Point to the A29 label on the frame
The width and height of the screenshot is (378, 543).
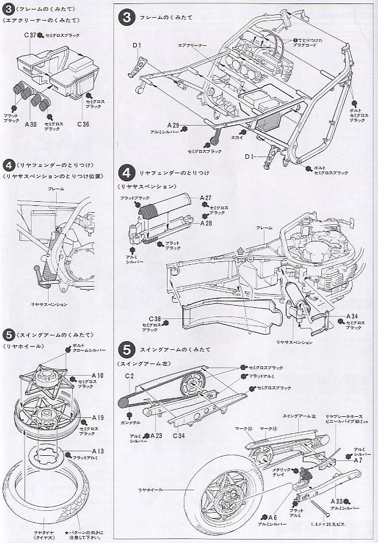[x=174, y=125]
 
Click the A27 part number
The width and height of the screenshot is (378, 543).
[x=206, y=197]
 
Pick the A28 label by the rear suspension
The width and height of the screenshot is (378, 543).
[x=207, y=222]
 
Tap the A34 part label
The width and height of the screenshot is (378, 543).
[x=353, y=315]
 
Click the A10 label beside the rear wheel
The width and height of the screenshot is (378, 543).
[x=97, y=375]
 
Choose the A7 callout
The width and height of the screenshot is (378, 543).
[x=357, y=460]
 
